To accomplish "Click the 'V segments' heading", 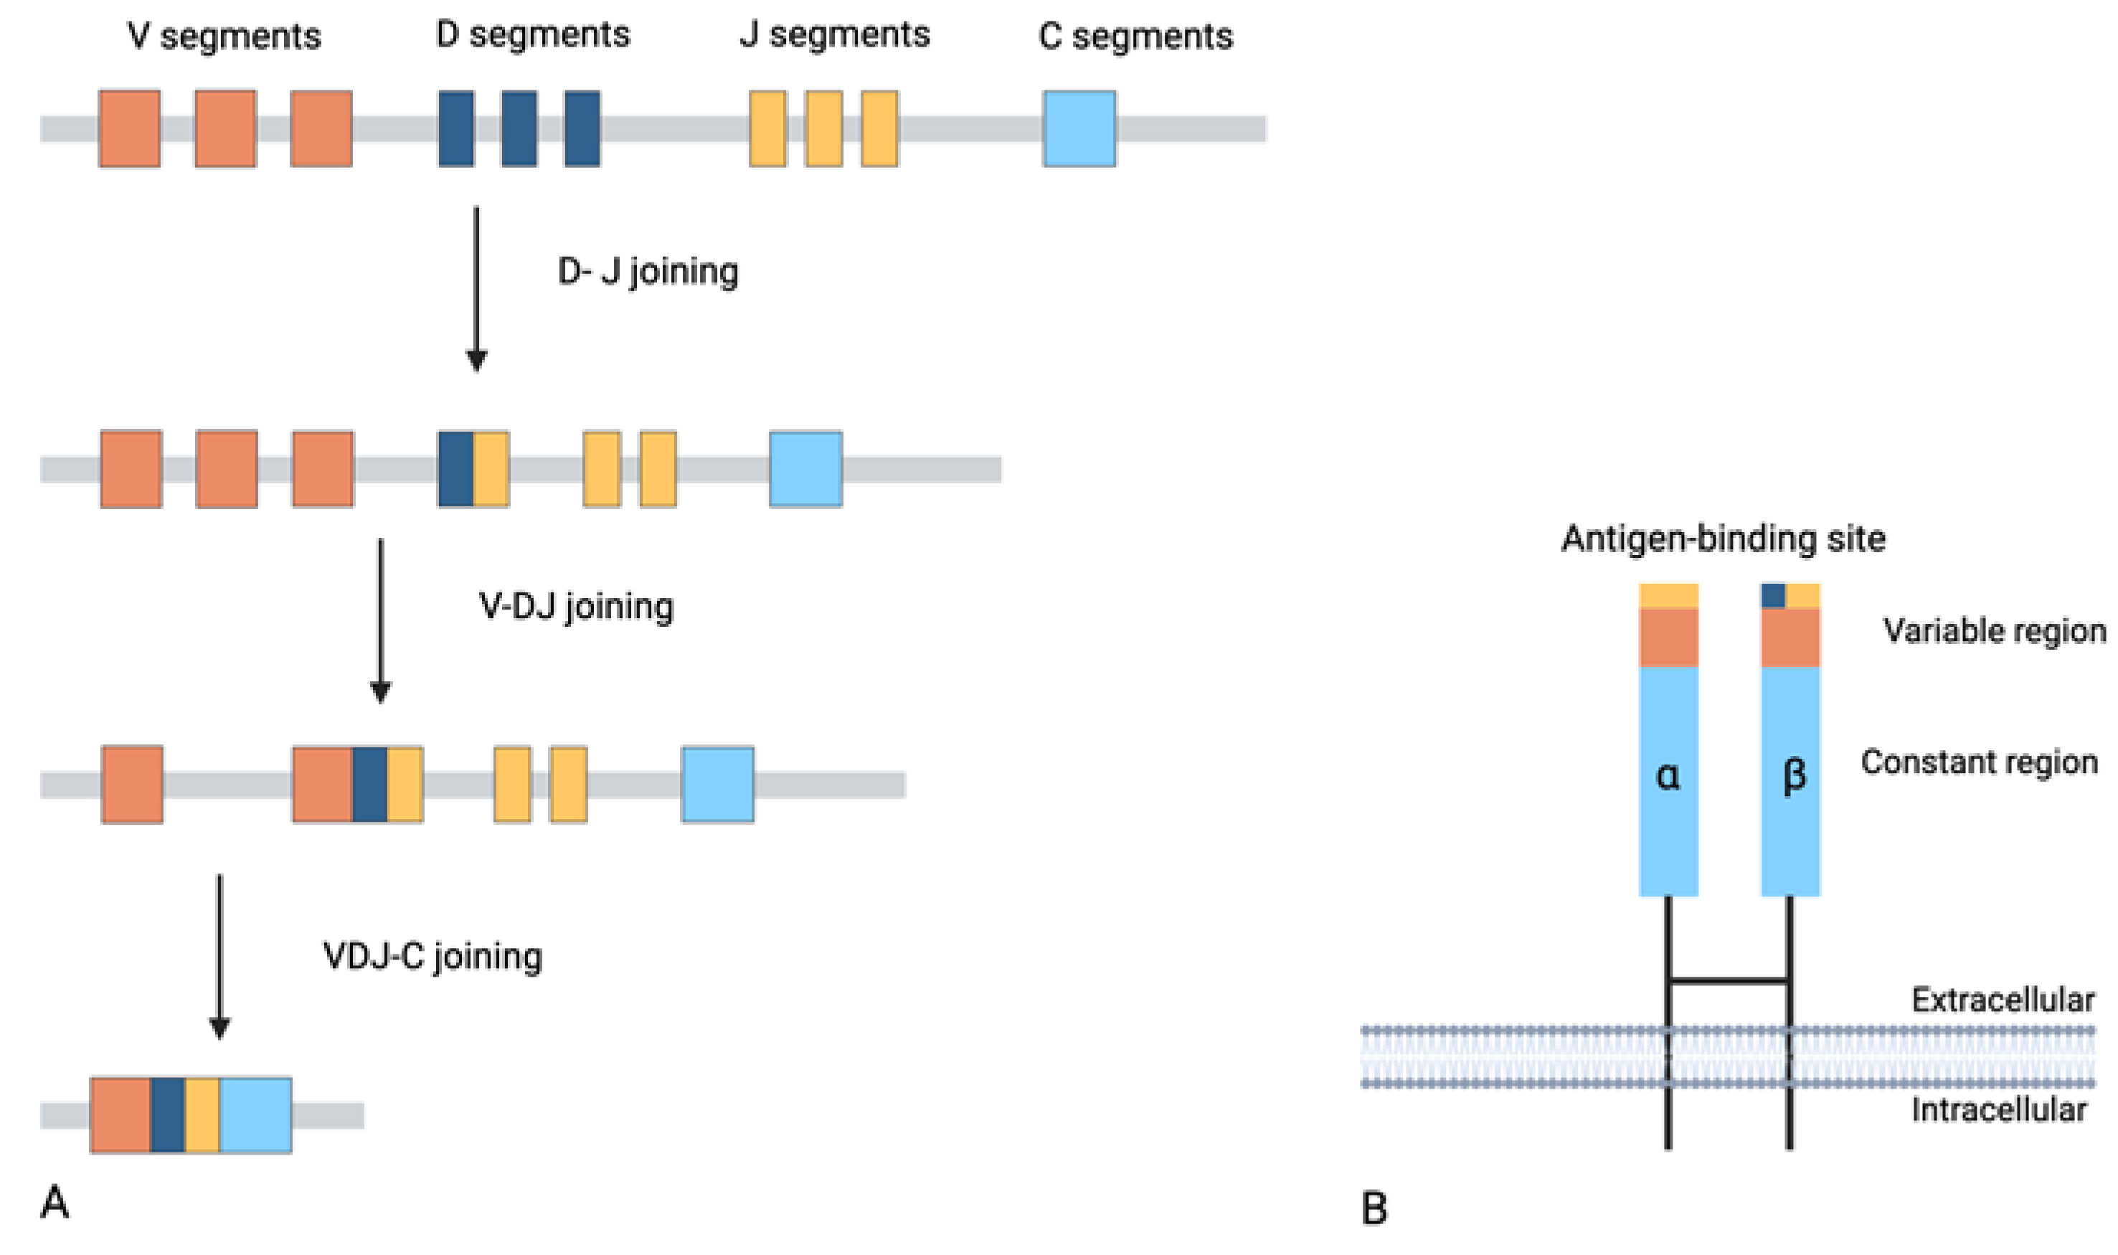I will coord(224,37).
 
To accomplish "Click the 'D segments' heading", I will coord(532,34).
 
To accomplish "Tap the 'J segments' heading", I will coord(834,34).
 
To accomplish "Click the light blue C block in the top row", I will coord(1079,128).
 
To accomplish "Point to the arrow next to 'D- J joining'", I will coord(476,288).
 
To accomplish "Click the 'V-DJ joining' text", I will coord(576,607).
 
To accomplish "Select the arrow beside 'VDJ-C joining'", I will coord(220,956).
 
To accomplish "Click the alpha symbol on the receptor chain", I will coord(1667,775).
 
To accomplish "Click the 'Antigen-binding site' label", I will coord(1723,539).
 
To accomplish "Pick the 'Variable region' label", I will coord(1994,631).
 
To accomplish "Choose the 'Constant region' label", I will coord(1978,762).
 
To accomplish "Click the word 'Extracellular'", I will coord(2002,1000).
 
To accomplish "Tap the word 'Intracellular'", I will coord(1999,1109).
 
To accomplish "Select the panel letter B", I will coord(1374,1208).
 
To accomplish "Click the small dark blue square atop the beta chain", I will coord(1773,595).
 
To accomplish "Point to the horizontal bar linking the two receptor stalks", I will coord(1728,982).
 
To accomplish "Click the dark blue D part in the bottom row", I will coord(168,1114).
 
